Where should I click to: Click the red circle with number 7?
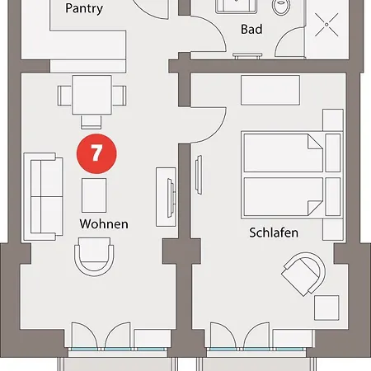(96, 154)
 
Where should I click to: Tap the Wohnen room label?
(104, 224)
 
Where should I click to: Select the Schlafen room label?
(274, 232)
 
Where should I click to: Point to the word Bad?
(251, 30)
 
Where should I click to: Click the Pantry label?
(84, 9)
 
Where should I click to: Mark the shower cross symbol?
(326, 25)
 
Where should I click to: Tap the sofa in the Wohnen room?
(44, 197)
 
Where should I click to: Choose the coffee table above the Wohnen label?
(94, 195)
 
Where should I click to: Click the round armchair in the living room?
(94, 256)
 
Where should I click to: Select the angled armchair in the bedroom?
(303, 274)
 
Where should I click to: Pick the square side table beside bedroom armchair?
(326, 308)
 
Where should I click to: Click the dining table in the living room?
(92, 95)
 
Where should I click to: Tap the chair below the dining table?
(92, 122)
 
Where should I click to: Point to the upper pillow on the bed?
(333, 153)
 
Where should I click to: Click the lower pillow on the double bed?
(333, 196)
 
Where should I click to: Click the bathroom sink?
(237, 6)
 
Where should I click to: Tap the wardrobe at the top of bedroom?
(270, 91)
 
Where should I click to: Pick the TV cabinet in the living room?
(166, 197)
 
